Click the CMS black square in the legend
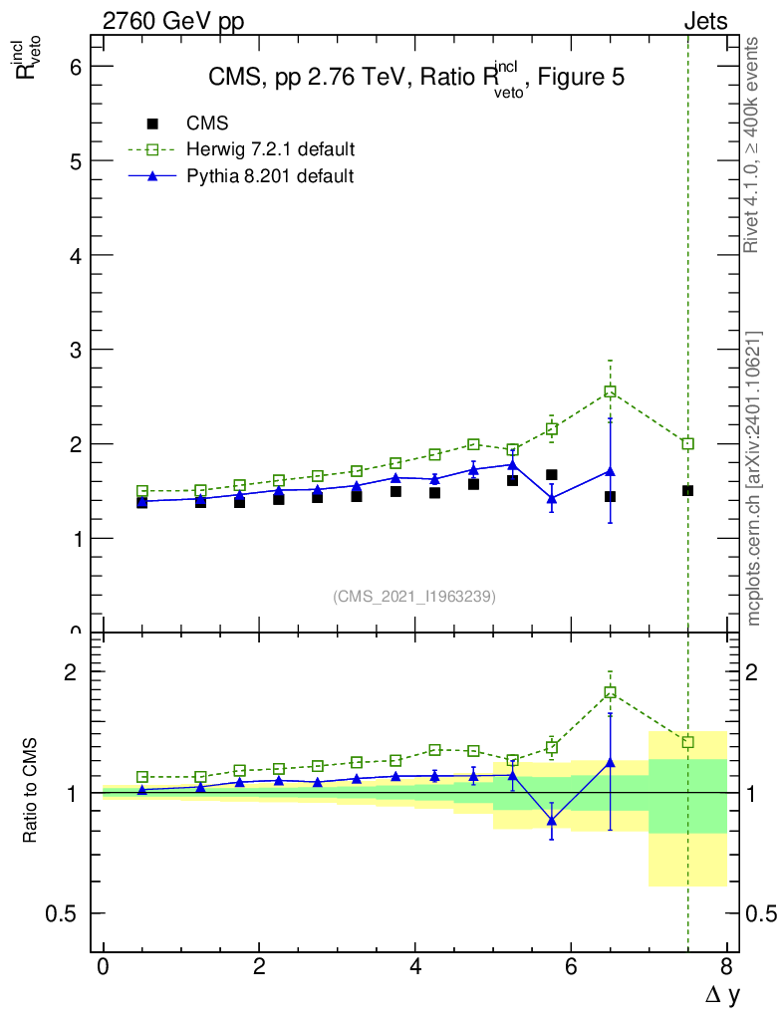[152, 124]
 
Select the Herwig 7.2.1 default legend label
[270, 149]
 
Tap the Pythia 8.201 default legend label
[270, 176]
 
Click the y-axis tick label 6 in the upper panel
[75, 67]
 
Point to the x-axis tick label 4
[414, 967]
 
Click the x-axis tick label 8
[726, 967]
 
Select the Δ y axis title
[721, 993]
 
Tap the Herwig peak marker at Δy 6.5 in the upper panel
[610, 391]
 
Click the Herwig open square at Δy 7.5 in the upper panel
[687, 443]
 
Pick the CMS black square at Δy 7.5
[687, 490]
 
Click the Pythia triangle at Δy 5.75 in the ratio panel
[551, 821]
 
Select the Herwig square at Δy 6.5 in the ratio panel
[610, 692]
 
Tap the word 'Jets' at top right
[704, 22]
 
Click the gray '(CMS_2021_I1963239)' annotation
[414, 596]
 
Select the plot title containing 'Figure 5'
[416, 78]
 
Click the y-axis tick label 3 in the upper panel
[75, 350]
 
